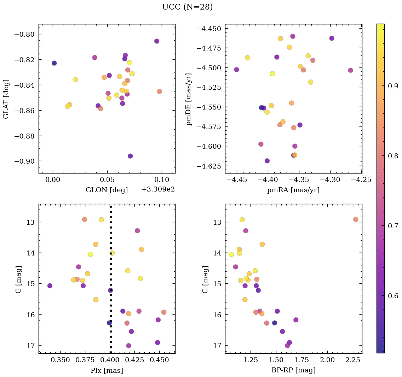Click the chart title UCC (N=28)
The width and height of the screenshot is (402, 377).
187,7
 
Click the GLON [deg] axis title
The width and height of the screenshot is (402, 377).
107,190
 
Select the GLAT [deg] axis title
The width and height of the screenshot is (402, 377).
6,99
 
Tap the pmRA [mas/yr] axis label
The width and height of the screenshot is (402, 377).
293,190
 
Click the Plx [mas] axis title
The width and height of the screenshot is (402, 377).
107,371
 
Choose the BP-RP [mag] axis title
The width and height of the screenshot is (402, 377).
293,371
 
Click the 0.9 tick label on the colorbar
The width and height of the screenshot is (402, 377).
393,86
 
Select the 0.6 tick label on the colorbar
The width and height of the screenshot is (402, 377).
393,296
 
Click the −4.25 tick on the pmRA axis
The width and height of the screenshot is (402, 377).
361,180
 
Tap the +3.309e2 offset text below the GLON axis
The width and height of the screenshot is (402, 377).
158,189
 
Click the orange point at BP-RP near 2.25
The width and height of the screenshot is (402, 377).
356,219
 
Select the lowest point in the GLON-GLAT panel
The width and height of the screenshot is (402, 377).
130,156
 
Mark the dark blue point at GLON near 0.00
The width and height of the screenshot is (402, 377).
54,63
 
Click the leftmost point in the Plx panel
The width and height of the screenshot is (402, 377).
50,285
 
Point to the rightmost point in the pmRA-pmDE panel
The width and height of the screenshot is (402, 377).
350,70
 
